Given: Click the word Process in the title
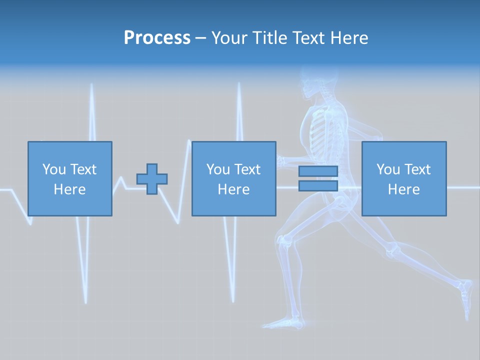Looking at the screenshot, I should pos(157,38).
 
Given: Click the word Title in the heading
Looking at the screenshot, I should pos(270,38).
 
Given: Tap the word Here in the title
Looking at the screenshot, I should pos(349,38).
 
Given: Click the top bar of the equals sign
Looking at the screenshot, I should pos(318,171).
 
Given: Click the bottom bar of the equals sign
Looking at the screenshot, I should pos(318,186).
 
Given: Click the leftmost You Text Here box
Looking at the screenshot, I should pos(70,179).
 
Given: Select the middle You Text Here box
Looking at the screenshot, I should pos(234,179).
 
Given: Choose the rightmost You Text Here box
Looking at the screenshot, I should pos(404,179).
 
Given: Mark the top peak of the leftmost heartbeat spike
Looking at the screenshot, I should pos(92,85).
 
